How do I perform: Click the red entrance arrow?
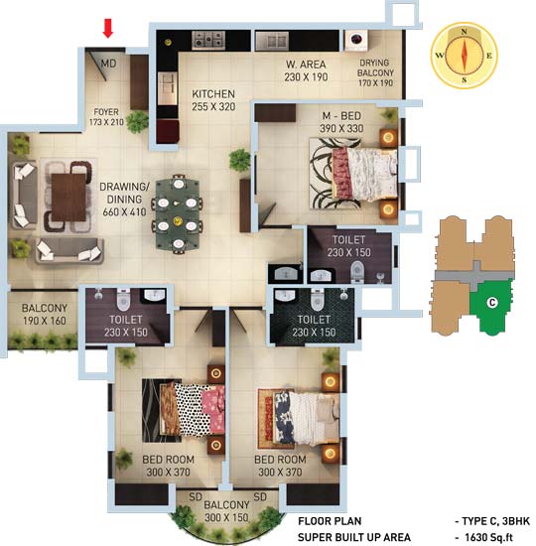[108, 28]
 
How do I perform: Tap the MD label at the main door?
[108, 64]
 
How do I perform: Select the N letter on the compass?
[464, 32]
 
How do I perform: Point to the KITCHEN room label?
[213, 94]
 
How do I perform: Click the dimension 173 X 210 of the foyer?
[106, 122]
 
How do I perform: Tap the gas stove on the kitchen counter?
[208, 40]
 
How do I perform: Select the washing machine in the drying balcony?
[356, 40]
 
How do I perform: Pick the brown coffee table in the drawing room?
[68, 197]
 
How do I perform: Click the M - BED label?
[341, 116]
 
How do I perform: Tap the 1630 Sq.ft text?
[489, 537]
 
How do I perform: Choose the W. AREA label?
[306, 65]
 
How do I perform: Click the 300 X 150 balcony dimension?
[226, 517]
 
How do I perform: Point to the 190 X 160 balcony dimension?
[45, 321]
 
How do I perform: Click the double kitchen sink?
[272, 41]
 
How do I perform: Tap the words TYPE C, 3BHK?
[495, 521]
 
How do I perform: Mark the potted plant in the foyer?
[137, 122]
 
